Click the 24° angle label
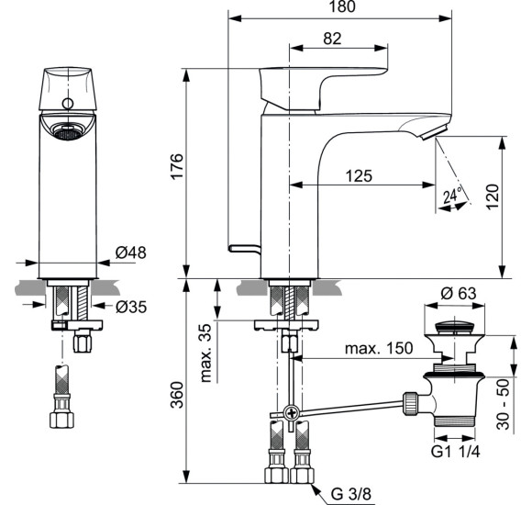(x=450, y=195)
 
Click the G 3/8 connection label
(x=348, y=494)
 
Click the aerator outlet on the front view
(x=65, y=134)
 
